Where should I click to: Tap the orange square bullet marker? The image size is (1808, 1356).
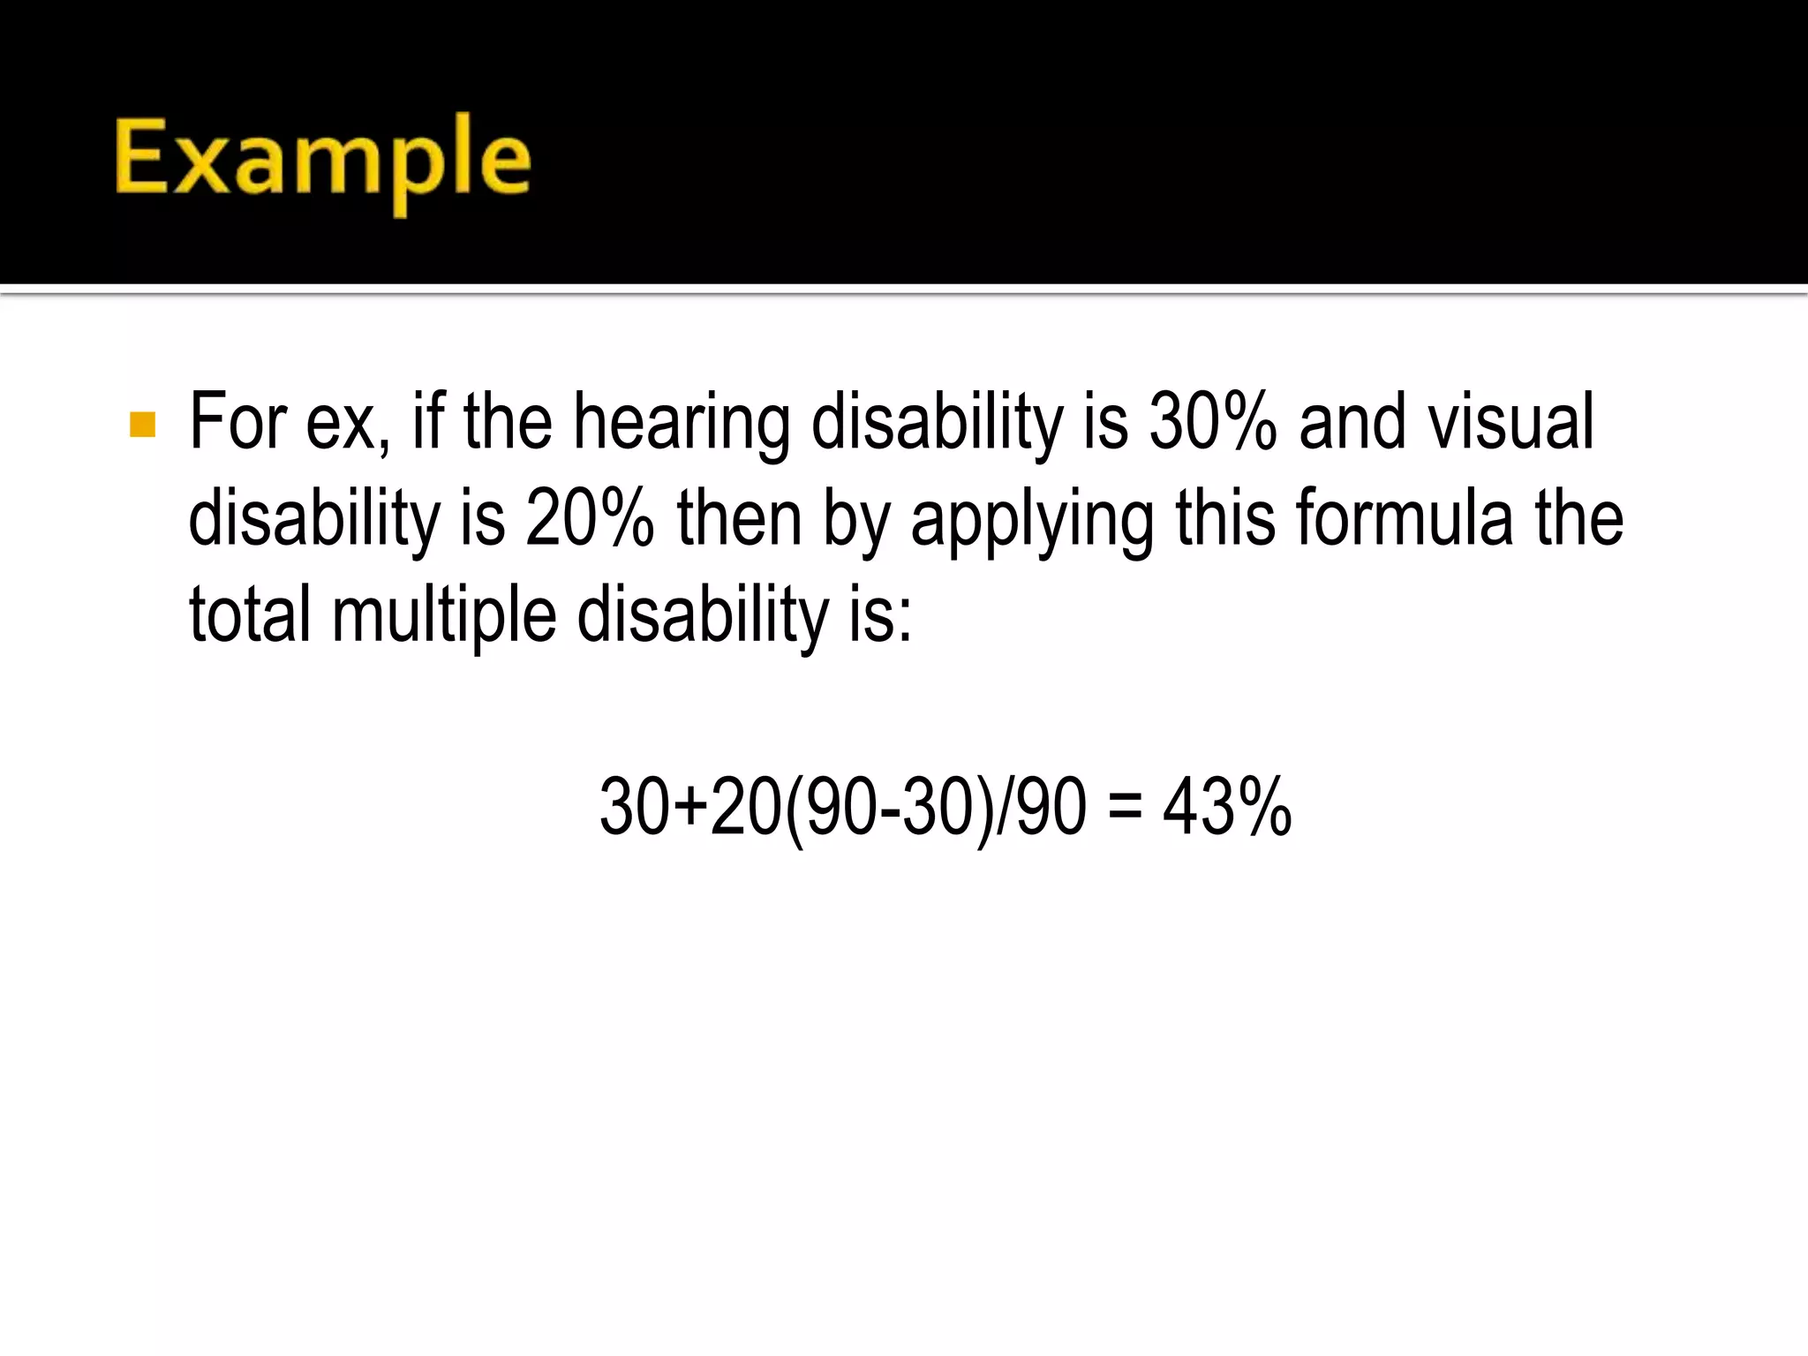click(x=142, y=425)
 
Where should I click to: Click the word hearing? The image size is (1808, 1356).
click(x=682, y=424)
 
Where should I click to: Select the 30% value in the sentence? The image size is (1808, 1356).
click(x=1212, y=422)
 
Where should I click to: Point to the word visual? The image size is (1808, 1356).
click(x=1510, y=422)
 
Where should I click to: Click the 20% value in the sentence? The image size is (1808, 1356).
click(x=589, y=519)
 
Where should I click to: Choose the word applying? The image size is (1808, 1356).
click(x=1031, y=521)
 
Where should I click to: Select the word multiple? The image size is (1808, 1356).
click(x=444, y=616)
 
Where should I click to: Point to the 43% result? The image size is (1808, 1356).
click(x=1227, y=807)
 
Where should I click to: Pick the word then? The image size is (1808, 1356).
click(x=739, y=519)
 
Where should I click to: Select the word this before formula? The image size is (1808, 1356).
click(x=1224, y=519)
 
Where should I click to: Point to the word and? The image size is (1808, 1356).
click(x=1352, y=422)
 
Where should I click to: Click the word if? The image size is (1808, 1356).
click(x=429, y=422)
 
